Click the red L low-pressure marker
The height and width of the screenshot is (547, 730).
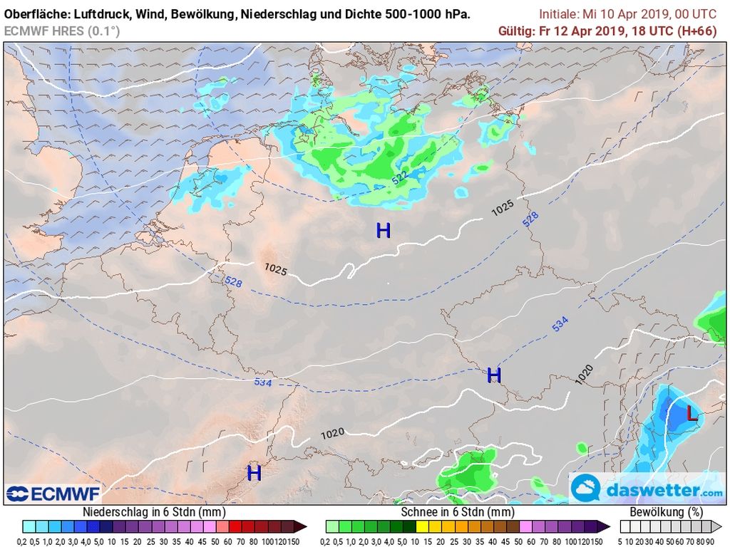tap(692, 413)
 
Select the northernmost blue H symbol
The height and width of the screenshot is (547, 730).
tap(384, 230)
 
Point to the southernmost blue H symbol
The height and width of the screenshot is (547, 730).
tap(254, 473)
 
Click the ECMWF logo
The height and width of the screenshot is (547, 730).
tap(54, 493)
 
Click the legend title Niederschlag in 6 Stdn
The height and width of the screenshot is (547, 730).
tap(154, 512)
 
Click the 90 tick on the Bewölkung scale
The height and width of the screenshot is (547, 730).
tap(711, 541)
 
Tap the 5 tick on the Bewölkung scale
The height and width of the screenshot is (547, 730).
tap(622, 541)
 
